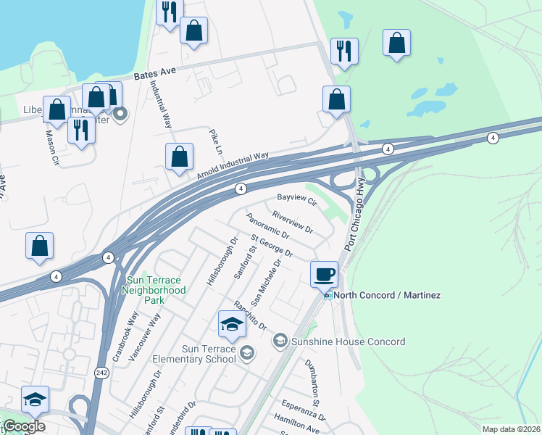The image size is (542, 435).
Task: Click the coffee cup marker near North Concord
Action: point(324,275)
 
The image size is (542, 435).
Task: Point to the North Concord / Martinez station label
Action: point(388,295)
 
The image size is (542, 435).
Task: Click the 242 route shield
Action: point(101,371)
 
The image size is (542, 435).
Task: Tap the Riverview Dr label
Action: point(292,223)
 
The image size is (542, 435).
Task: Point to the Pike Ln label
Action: point(215,142)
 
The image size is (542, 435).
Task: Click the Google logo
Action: point(24,426)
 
